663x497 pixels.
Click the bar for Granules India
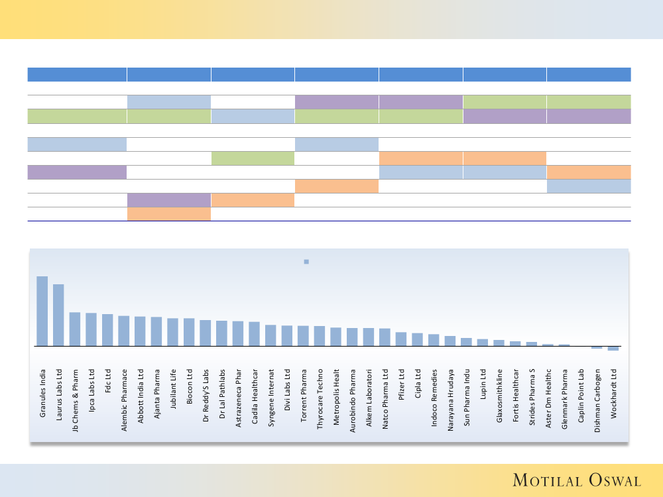pos(42,311)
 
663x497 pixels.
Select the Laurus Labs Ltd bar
pos(58,315)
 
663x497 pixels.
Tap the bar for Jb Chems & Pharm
pos(75,329)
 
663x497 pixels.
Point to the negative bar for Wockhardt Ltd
pos(613,349)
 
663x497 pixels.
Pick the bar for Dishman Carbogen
pos(597,347)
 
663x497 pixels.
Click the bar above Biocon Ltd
pos(189,332)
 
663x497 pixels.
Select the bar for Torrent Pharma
pos(303,336)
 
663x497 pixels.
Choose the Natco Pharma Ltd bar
pos(385,337)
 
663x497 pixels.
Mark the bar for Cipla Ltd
pos(417,339)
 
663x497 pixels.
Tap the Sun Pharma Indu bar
pos(466,342)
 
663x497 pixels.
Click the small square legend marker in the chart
pos(306,262)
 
